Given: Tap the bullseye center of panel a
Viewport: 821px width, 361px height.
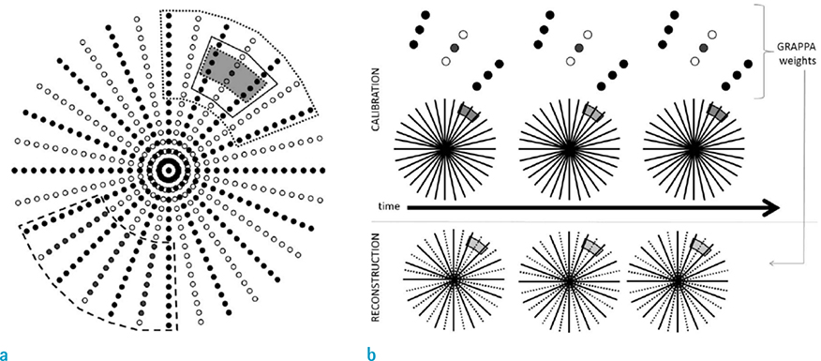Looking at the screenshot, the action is [x=169, y=171].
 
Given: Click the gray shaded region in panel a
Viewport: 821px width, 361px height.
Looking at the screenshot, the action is [x=234, y=70].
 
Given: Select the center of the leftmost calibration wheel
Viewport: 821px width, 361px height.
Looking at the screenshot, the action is [x=444, y=147].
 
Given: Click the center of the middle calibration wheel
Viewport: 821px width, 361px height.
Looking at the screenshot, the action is [x=568, y=147].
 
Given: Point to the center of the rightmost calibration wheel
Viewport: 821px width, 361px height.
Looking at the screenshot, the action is [x=693, y=147].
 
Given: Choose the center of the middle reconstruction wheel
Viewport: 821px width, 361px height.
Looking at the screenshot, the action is [x=568, y=279].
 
